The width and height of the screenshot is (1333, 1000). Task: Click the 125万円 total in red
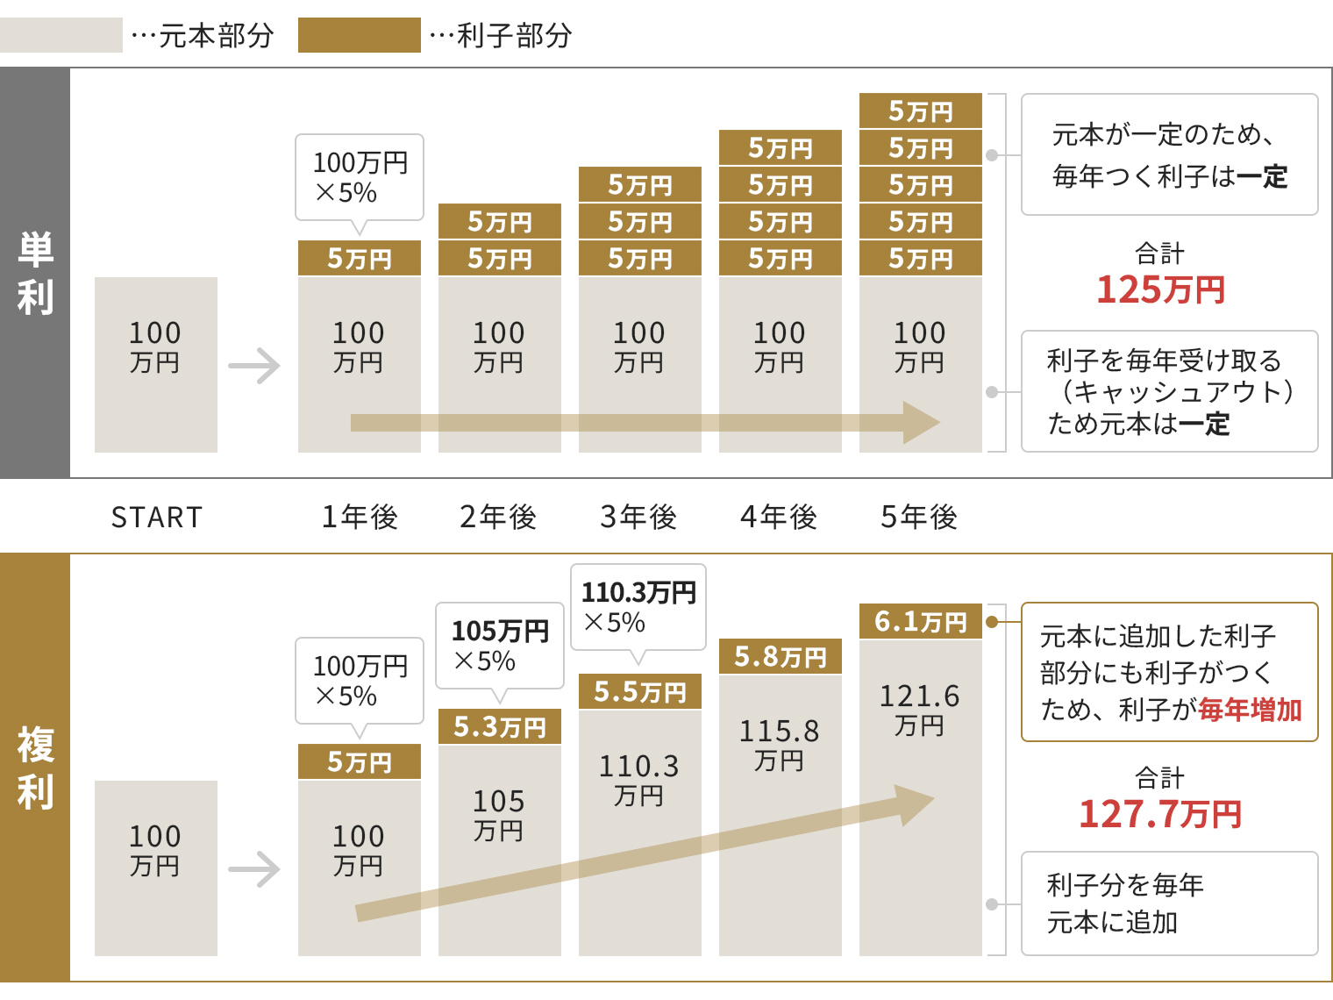1160,289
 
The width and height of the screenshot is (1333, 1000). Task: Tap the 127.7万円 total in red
1160,814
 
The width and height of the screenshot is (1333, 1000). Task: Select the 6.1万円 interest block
920,621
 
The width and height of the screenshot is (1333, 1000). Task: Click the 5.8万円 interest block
780,656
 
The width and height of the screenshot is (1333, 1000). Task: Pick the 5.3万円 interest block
499,726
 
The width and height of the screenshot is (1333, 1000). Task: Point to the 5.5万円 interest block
639,691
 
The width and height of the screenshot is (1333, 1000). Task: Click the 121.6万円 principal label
919,710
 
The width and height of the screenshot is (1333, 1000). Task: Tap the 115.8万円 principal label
779,745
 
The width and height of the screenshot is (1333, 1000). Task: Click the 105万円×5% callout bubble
500,646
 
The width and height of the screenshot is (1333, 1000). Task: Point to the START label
157,518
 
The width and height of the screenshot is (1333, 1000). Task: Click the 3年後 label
638,518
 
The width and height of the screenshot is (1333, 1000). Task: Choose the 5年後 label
919,518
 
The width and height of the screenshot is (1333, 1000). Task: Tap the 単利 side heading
35,273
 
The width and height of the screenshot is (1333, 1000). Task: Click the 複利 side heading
35,768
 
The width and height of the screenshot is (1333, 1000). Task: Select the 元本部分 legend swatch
61,35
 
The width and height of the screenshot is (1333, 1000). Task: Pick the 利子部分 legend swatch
359,35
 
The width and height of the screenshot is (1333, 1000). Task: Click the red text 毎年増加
1250,709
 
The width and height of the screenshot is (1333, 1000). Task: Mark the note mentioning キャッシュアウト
1169,391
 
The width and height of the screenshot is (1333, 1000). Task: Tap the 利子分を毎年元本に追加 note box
1169,904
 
